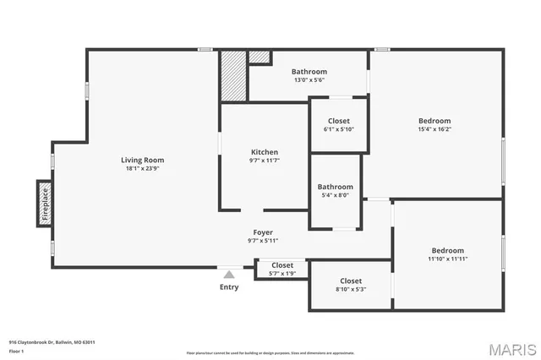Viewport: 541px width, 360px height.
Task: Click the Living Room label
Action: point(142,160)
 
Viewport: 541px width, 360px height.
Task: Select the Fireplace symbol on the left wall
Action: point(45,204)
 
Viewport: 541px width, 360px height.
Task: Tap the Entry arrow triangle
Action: point(228,274)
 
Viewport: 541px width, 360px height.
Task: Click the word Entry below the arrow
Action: point(228,287)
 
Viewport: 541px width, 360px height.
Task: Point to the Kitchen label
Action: point(264,152)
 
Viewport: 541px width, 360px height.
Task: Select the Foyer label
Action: point(263,232)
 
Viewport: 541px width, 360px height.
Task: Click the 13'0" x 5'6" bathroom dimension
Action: point(309,80)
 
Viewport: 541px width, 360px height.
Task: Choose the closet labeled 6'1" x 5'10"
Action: point(338,129)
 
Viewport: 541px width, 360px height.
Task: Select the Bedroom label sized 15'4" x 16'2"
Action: point(434,129)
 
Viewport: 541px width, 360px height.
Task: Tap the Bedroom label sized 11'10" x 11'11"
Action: point(447,259)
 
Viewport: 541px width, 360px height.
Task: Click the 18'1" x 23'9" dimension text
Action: point(142,168)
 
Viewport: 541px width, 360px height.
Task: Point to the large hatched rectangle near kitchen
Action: point(232,77)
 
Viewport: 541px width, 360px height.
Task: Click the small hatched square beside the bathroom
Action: point(260,57)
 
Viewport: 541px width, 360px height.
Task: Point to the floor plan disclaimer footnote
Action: point(270,352)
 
